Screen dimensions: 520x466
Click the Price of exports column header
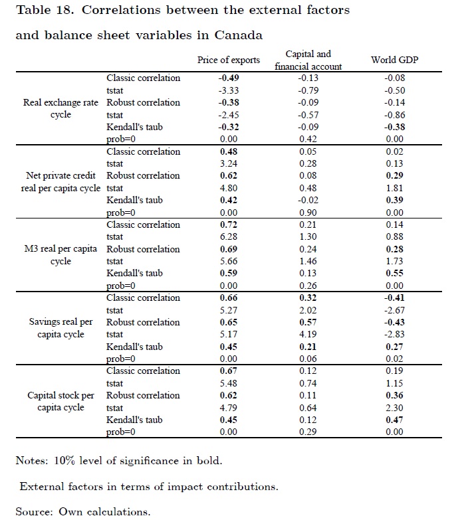(x=229, y=60)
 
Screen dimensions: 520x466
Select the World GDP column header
(x=394, y=60)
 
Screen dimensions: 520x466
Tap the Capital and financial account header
(x=308, y=60)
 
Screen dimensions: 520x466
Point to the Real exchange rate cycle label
(x=60, y=108)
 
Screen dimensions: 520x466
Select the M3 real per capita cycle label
(x=60, y=255)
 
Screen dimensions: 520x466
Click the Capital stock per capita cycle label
(x=60, y=401)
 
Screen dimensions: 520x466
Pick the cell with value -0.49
(x=229, y=78)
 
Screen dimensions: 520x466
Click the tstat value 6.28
(x=229, y=236)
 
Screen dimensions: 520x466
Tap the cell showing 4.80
(x=229, y=188)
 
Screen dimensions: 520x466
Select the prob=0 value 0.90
(x=308, y=213)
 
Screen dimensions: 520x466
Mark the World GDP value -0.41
(x=394, y=298)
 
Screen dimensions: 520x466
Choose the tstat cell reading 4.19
(x=308, y=334)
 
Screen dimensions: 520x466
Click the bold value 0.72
(x=229, y=224)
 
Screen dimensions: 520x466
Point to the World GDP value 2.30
(x=394, y=408)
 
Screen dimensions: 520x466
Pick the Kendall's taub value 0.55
(x=394, y=273)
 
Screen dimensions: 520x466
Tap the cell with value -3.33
(x=229, y=90)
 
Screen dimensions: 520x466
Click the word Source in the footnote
(x=33, y=511)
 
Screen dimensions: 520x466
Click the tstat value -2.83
(x=394, y=334)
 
